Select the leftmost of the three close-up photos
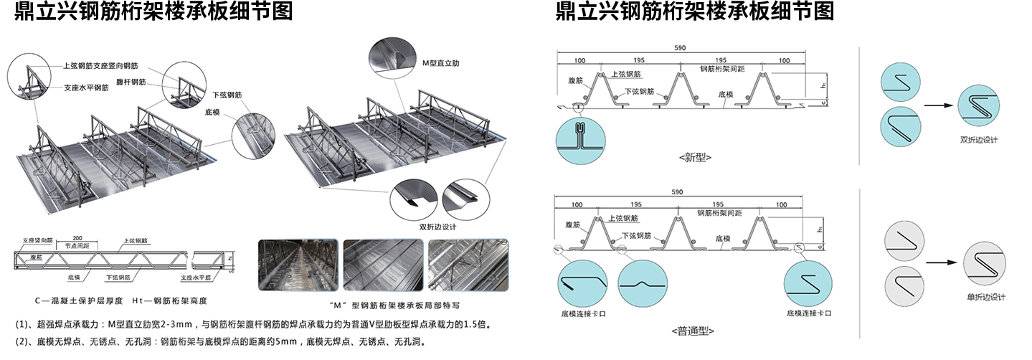coord(297,265)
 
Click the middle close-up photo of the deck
coord(382,265)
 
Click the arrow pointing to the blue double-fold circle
coord(939,105)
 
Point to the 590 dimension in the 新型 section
coord(680,47)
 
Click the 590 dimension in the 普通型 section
coord(680,194)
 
